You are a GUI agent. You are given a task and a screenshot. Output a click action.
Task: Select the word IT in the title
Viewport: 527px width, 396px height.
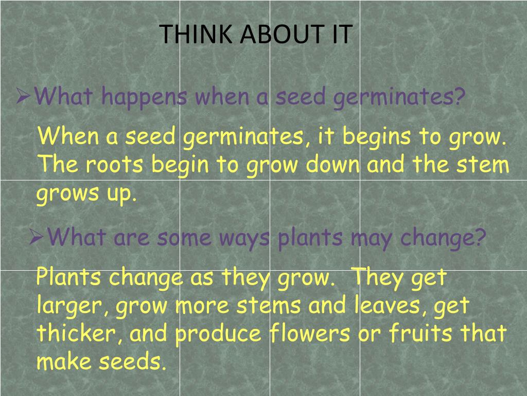coord(339,34)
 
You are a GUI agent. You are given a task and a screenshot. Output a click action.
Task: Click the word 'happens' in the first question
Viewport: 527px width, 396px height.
coord(144,96)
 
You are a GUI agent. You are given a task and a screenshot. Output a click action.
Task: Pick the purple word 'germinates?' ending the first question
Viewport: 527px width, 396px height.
coord(399,97)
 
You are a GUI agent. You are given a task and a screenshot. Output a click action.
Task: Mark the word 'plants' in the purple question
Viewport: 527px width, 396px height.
coord(310,238)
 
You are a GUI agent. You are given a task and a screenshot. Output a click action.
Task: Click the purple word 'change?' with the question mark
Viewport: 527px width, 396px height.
coord(443,238)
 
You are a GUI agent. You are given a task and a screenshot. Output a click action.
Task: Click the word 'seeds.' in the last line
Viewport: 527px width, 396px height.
coord(133,362)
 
